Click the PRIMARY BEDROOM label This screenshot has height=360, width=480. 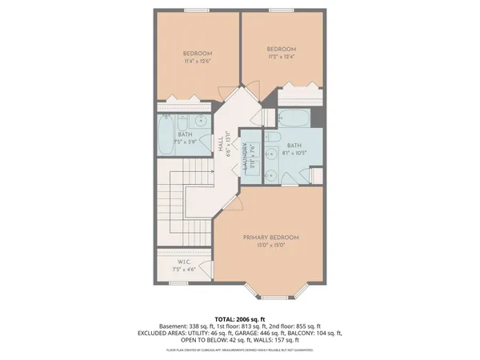pyautogui.click(x=271, y=238)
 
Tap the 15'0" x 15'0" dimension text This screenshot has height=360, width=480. pyautogui.click(x=271, y=246)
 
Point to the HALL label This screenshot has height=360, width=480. pyautogui.click(x=221, y=145)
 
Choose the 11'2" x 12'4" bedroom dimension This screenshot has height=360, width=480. pyautogui.click(x=281, y=56)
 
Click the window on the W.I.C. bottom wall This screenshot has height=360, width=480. pyautogui.click(x=178, y=282)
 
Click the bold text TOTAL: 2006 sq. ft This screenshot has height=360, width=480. pyautogui.click(x=240, y=318)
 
